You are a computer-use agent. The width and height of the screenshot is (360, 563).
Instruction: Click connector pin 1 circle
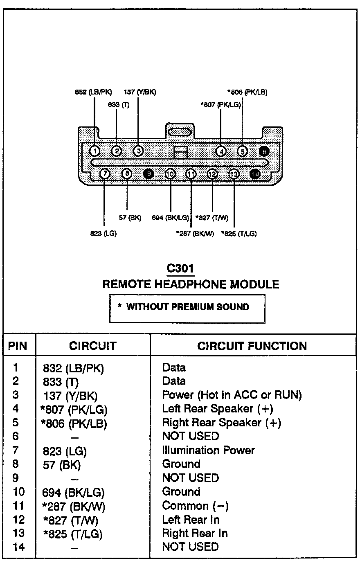(x=95, y=151)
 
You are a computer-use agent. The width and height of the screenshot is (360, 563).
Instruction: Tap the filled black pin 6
(x=264, y=151)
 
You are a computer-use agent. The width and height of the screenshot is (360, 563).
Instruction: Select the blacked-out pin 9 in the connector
(x=149, y=174)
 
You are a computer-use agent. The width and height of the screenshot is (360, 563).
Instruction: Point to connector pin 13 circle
(x=234, y=174)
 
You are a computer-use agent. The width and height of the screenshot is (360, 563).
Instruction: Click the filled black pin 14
(x=255, y=174)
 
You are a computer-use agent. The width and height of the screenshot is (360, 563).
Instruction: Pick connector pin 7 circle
(x=105, y=174)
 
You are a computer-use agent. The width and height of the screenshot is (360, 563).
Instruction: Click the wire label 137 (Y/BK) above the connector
(x=139, y=92)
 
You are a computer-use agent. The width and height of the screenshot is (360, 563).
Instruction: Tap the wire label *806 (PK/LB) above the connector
(x=247, y=92)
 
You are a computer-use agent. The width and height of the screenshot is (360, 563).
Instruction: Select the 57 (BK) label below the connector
(x=130, y=218)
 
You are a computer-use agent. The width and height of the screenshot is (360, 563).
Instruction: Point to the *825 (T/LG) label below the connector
(x=239, y=234)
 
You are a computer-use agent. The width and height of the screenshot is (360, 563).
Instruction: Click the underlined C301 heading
(x=180, y=268)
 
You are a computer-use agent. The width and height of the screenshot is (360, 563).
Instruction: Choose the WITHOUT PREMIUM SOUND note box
(x=187, y=307)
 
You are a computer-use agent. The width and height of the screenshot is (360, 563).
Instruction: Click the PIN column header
(x=18, y=346)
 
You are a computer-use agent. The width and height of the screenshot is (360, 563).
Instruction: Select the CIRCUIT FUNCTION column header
(x=252, y=346)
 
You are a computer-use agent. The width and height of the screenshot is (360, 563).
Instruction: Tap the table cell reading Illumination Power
(x=208, y=450)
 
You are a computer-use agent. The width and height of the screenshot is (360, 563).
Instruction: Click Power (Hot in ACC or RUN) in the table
(x=232, y=395)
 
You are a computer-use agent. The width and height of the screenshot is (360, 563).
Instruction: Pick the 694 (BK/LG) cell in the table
(x=74, y=492)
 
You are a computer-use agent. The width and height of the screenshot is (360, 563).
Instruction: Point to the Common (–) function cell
(x=195, y=506)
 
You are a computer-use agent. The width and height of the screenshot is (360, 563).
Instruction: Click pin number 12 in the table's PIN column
(x=19, y=520)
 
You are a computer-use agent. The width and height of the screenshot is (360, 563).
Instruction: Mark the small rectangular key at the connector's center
(x=180, y=152)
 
